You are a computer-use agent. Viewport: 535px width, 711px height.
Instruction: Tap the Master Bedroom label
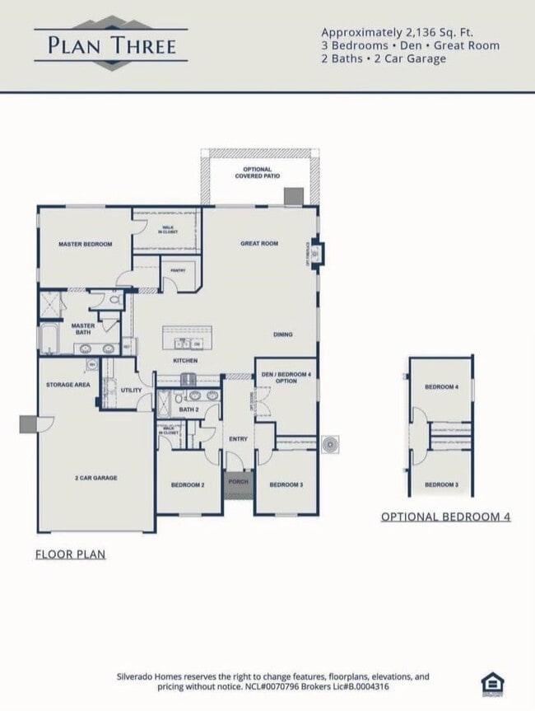(85, 245)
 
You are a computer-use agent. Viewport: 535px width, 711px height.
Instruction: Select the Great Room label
(259, 244)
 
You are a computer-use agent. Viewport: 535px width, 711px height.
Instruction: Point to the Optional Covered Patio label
(257, 173)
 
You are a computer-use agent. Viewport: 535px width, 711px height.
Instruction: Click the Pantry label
(177, 270)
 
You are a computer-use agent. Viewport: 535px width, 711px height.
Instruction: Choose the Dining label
(283, 334)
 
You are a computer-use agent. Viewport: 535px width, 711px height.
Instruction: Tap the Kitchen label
(185, 361)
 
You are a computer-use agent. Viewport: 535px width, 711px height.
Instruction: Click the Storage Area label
(68, 385)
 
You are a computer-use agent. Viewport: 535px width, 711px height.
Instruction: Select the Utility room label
(131, 390)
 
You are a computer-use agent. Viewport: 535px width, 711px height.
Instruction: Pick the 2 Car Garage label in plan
(96, 478)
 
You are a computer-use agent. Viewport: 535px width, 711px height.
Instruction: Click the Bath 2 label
(189, 409)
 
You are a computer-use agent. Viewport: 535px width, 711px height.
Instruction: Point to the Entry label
(238, 439)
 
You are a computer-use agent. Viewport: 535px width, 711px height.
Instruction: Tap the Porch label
(238, 482)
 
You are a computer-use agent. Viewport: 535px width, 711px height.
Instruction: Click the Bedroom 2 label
(188, 484)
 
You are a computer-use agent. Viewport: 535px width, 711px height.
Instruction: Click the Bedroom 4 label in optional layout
(441, 386)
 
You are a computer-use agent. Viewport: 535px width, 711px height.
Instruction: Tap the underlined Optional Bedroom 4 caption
(445, 517)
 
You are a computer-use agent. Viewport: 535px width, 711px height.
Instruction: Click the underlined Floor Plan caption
(70, 554)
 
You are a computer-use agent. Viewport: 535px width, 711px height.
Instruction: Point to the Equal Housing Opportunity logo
(492, 684)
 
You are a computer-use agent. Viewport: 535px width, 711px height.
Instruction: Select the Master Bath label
(82, 329)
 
